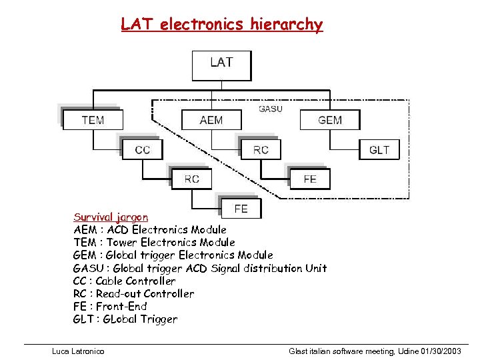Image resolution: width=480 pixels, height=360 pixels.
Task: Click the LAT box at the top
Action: pyautogui.click(x=221, y=64)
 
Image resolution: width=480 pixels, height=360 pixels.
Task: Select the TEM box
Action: pyautogui.click(x=92, y=120)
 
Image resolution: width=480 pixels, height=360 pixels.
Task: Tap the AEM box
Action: pyautogui.click(x=211, y=120)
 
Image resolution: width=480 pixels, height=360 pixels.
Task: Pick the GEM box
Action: pyautogui.click(x=329, y=120)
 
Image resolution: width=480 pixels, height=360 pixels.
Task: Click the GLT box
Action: pyautogui.click(x=379, y=149)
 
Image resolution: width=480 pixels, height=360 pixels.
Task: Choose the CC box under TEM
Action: pyautogui.click(x=142, y=149)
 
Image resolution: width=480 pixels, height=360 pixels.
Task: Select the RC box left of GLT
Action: pyautogui.click(x=261, y=149)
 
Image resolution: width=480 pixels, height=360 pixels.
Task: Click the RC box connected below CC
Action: pyautogui.click(x=191, y=179)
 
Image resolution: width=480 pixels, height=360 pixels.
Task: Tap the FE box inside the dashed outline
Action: pyautogui.click(x=310, y=179)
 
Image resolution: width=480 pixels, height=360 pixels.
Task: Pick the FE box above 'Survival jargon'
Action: pyautogui.click(x=241, y=209)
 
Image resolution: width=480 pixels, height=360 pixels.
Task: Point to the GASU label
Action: pyautogui.click(x=270, y=109)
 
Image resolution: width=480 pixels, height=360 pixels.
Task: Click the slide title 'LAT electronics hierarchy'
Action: pyautogui.click(x=221, y=25)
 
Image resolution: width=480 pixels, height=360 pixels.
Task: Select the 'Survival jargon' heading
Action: pyautogui.click(x=111, y=217)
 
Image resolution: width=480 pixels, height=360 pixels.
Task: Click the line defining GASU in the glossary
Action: pyautogui.click(x=199, y=268)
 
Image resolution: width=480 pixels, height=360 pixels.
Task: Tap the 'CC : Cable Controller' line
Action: pyautogui.click(x=124, y=281)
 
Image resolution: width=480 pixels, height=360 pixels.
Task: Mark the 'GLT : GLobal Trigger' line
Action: pyautogui.click(x=125, y=319)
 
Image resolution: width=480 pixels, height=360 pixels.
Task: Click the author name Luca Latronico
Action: pyautogui.click(x=78, y=351)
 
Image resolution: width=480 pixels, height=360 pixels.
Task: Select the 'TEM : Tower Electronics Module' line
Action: pyautogui.click(x=153, y=242)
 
